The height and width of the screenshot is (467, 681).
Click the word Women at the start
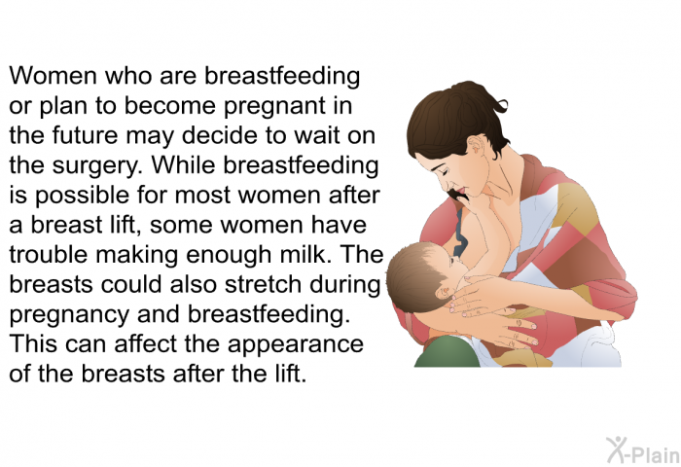53,76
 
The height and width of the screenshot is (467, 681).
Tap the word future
86,135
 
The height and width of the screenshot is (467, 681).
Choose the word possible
82,197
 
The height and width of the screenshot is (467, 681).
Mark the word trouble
49,255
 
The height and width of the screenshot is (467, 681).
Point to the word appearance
296,345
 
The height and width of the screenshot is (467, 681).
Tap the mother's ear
477,146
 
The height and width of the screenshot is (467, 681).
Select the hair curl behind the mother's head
501,105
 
